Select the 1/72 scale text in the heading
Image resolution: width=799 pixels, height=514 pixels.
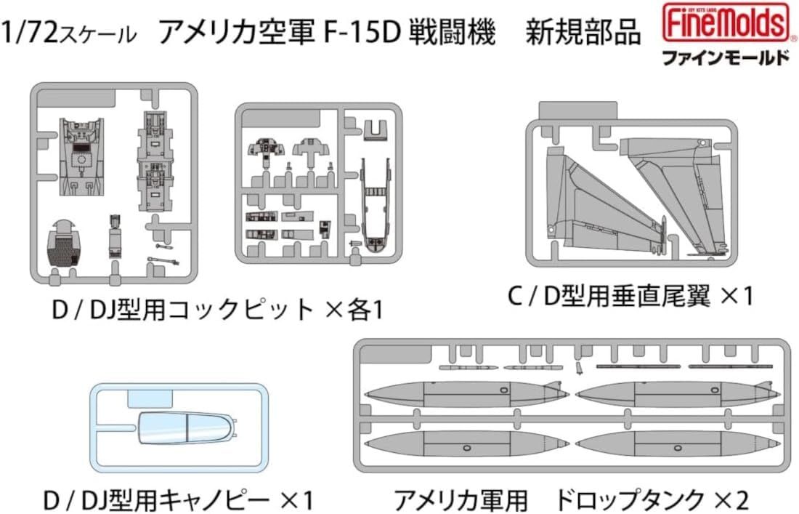68,33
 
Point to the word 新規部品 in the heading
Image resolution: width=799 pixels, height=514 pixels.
595,33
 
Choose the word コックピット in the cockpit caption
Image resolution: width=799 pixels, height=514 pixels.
239,311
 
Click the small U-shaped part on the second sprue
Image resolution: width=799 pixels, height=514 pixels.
373,129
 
